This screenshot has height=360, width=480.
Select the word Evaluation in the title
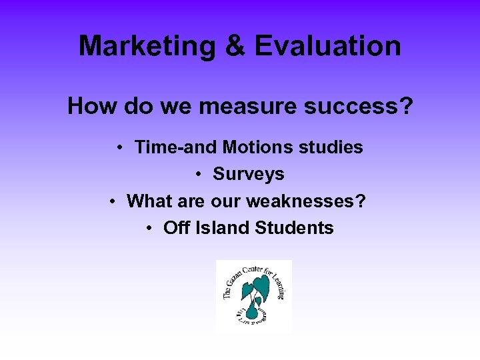coord(327,46)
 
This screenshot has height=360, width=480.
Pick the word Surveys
coord(249,174)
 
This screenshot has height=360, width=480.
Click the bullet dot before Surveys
coord(199,175)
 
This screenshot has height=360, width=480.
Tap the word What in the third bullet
coord(148,201)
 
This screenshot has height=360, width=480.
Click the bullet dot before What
coord(114,201)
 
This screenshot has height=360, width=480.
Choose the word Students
coord(295,227)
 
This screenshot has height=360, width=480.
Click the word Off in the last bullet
coord(177,227)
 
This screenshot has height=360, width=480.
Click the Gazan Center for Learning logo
coord(254,296)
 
